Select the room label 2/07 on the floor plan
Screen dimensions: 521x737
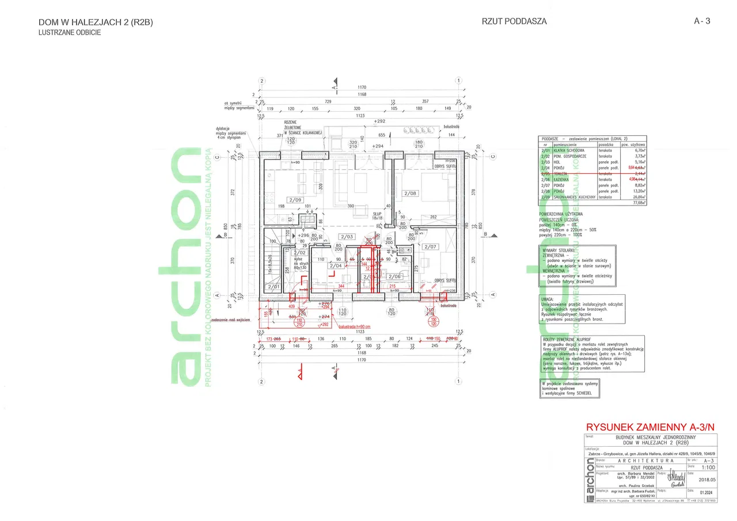tap(430, 247)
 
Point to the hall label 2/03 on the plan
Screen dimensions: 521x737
tap(346, 237)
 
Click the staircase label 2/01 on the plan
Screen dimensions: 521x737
tap(272, 287)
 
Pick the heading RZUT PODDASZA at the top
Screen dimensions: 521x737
tap(514, 22)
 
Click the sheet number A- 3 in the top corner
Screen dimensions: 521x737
tap(702, 21)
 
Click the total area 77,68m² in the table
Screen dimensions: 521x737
tap(638, 203)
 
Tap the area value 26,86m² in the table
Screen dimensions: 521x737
tap(638, 197)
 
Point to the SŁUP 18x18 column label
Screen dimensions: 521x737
tap(377, 215)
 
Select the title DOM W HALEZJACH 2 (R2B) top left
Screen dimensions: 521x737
tap(96, 22)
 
